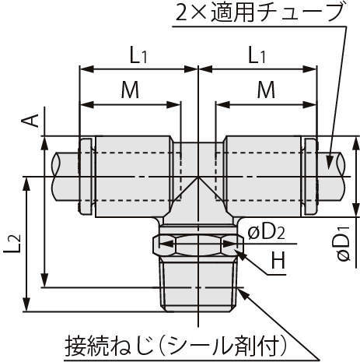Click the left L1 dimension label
[138, 56]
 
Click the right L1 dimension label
[257, 56]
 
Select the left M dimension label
[131, 90]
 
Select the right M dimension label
[266, 90]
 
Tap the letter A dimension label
[30, 121]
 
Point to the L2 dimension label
[12, 244]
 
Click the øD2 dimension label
[267, 233]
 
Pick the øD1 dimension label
[344, 244]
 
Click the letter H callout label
[278, 260]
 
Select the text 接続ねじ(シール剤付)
[177, 347]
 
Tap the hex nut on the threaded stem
[198, 245]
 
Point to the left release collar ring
[86, 177]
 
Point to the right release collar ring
[310, 177]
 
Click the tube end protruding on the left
[65, 177]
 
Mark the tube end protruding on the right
[332, 177]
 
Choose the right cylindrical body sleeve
[263, 177]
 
